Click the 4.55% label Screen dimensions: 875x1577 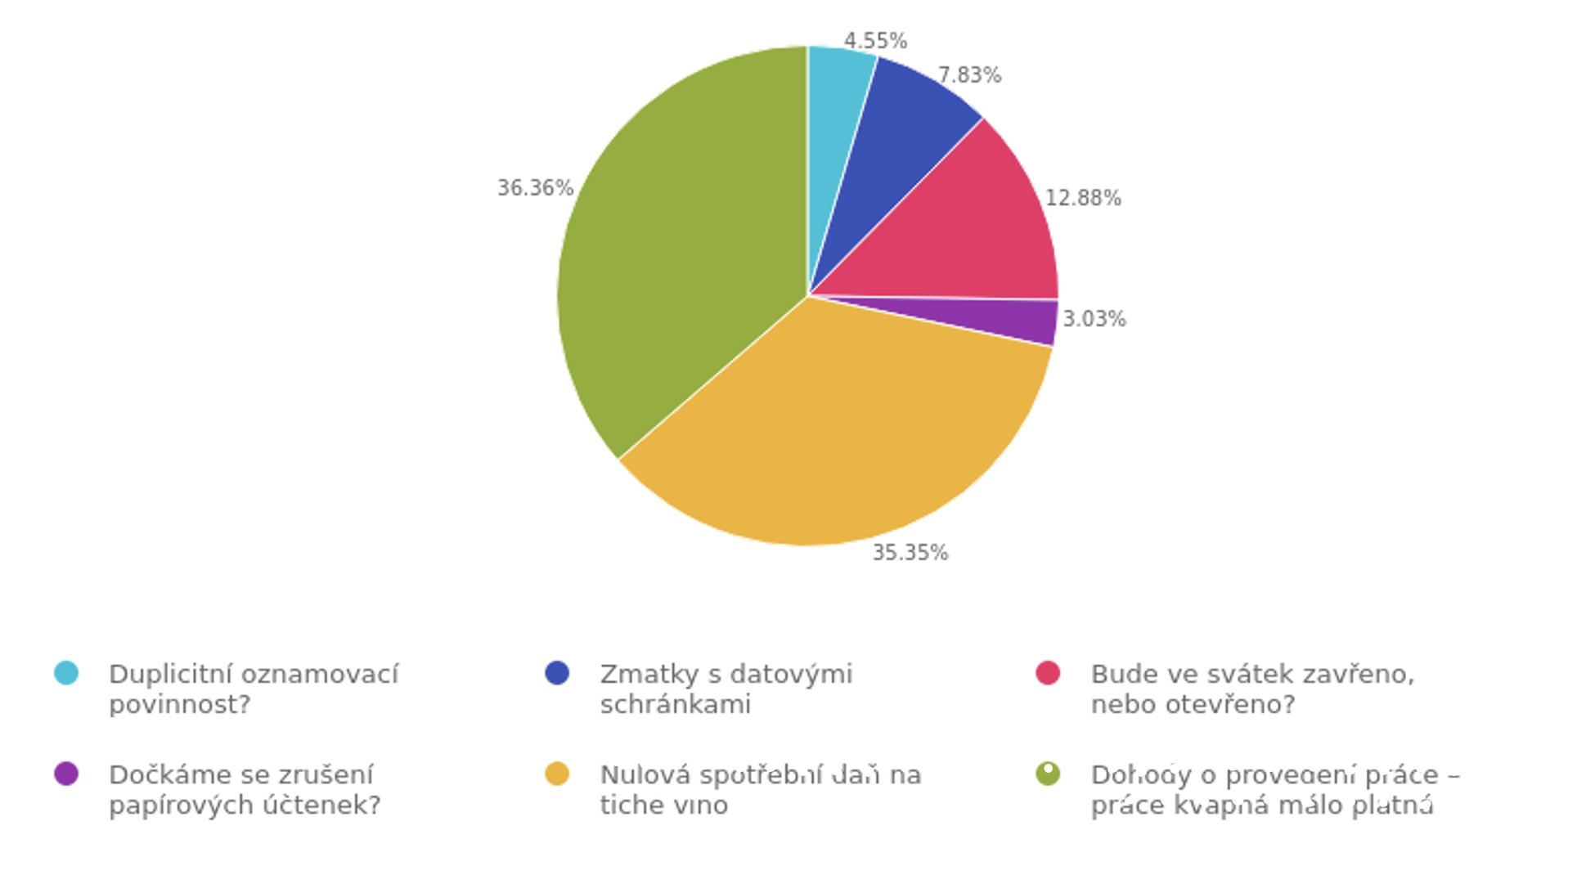pyautogui.click(x=875, y=41)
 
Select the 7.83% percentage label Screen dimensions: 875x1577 pyautogui.click(x=969, y=75)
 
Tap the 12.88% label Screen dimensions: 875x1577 pyautogui.click(x=1083, y=198)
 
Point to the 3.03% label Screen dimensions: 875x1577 pyautogui.click(x=1094, y=319)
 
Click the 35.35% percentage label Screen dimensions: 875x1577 pyautogui.click(x=910, y=553)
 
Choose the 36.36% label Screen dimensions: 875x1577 pyautogui.click(x=535, y=188)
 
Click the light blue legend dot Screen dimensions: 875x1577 pyautogui.click(x=66, y=673)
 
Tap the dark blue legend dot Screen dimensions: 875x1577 pyautogui.click(x=557, y=673)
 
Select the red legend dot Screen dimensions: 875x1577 pyautogui.click(x=1048, y=673)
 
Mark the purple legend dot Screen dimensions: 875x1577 pyautogui.click(x=66, y=774)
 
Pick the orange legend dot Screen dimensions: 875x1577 pyautogui.click(x=557, y=774)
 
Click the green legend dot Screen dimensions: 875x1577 pyautogui.click(x=1048, y=774)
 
